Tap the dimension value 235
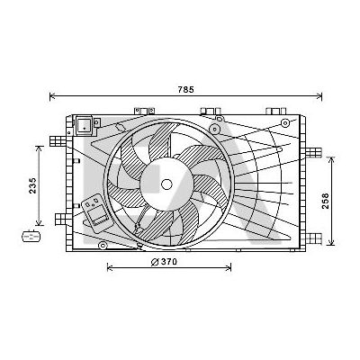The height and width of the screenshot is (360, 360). (x=33, y=185)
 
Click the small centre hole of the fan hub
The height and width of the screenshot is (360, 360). (x=166, y=184)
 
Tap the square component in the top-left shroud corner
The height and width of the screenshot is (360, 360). (x=86, y=123)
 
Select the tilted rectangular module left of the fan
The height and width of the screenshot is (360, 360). (x=94, y=211)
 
